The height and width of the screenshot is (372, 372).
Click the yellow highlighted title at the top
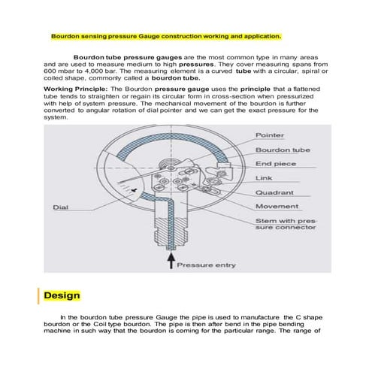pyautogui.click(x=165, y=35)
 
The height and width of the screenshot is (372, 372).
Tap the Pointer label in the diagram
pyautogui.click(x=270, y=135)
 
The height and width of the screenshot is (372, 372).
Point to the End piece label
pyautogui.click(x=276, y=163)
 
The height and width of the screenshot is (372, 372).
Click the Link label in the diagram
pyautogui.click(x=264, y=177)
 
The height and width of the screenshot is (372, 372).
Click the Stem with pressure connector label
pyautogui.click(x=286, y=225)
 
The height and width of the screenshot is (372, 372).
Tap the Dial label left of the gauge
pyautogui.click(x=62, y=207)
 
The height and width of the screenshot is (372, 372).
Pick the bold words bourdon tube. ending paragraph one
pyautogui.click(x=175, y=77)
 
